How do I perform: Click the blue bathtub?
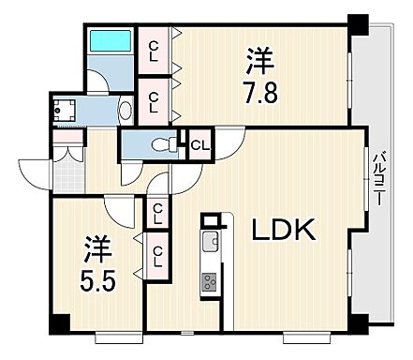coord(110,43)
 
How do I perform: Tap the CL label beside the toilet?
coord(200,144)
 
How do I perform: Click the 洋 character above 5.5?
coord(96,248)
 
